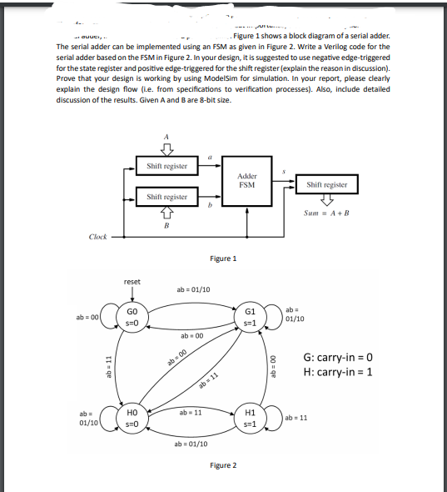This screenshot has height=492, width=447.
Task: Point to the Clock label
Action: click(97, 236)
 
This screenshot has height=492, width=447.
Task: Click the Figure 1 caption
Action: click(223, 259)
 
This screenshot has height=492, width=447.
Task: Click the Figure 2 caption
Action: click(223, 464)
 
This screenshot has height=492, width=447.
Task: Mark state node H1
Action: click(250, 418)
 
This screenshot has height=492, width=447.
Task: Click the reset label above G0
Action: click(132, 282)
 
